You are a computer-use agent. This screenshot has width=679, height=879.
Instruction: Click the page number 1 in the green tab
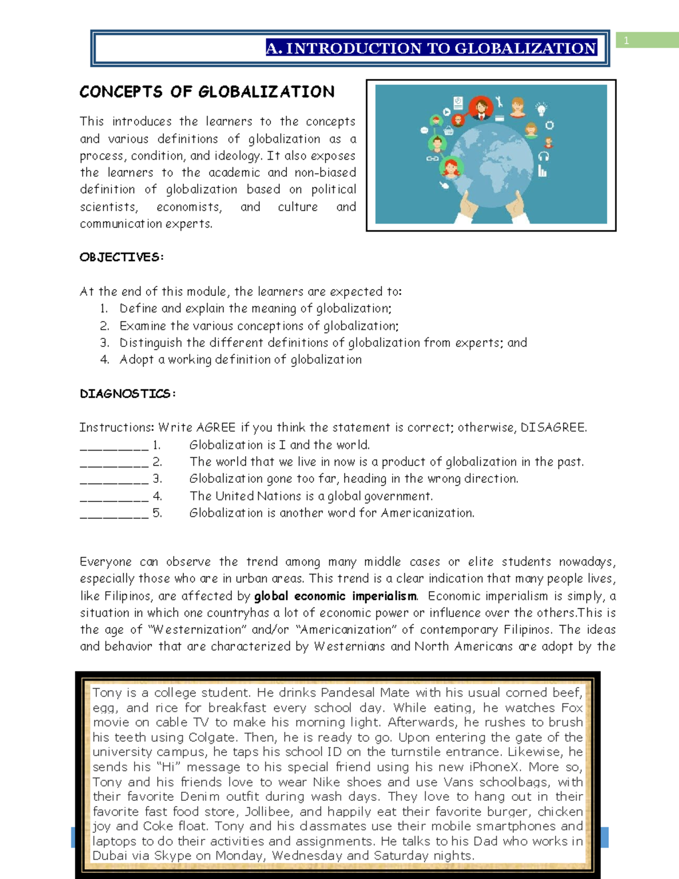pos(626,40)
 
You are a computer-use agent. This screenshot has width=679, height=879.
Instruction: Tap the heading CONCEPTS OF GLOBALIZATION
pos(207,92)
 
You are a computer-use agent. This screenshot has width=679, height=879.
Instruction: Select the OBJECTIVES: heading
pos(122,257)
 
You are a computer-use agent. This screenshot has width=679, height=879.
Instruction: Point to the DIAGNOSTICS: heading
pos(127,393)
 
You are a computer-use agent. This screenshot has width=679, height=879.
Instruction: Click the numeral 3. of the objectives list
pos(105,342)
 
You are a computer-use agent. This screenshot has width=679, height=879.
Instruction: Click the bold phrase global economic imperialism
pos(336,596)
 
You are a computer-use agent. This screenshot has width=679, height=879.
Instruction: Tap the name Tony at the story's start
pos(107,692)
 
